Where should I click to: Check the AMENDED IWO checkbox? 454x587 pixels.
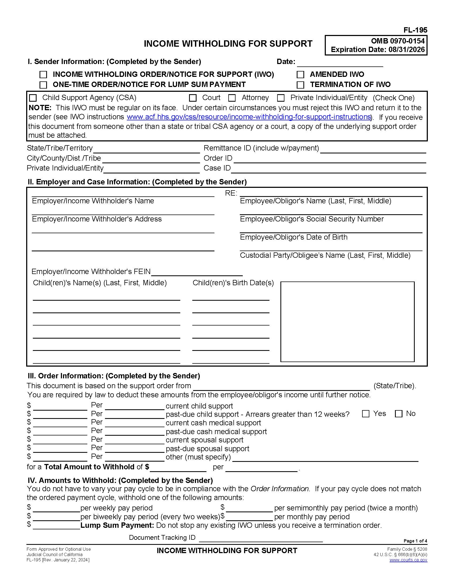click(300, 74)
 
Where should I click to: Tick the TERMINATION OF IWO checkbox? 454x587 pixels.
click(300, 85)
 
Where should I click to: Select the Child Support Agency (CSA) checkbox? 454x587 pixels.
click(33, 98)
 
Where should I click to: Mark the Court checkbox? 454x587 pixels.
click(193, 98)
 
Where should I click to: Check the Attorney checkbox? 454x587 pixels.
click(232, 98)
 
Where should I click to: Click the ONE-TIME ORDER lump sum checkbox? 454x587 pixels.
click(43, 85)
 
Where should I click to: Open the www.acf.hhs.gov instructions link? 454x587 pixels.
click(249, 117)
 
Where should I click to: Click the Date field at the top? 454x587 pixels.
click(340, 63)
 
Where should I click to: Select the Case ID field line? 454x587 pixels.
click(328, 169)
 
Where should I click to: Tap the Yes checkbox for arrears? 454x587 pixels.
click(366, 414)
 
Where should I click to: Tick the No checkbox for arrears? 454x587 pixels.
click(398, 414)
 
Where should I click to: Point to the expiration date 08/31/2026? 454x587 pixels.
click(406, 50)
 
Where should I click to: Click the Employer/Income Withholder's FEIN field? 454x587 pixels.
click(197, 272)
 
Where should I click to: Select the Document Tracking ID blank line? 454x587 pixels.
click(260, 538)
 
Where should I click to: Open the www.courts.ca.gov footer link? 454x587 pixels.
click(408, 560)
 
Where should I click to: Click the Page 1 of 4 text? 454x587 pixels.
click(415, 541)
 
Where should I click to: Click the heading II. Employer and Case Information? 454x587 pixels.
click(137, 182)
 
